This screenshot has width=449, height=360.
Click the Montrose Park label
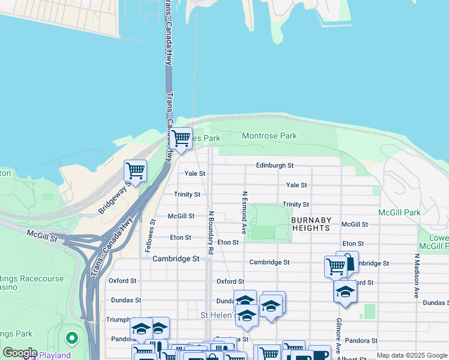pos(269,136)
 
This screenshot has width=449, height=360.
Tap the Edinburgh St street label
pos(274,165)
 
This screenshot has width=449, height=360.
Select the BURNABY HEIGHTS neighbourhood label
pos(310,224)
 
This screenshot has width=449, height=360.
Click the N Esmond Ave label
pos(244,212)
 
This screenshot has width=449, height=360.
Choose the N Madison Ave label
pos(415,276)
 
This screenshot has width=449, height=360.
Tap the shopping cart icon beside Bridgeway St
pos(135,170)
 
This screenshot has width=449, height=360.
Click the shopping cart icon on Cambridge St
pos(336,266)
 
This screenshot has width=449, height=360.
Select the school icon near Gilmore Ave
pos(345,292)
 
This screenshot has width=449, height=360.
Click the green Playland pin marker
pos(71,339)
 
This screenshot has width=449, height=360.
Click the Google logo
pos(19,353)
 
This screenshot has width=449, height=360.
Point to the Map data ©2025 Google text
pos(411,355)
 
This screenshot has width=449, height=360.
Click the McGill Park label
pos(399,212)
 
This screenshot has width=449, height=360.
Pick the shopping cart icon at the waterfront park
pos(181,138)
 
